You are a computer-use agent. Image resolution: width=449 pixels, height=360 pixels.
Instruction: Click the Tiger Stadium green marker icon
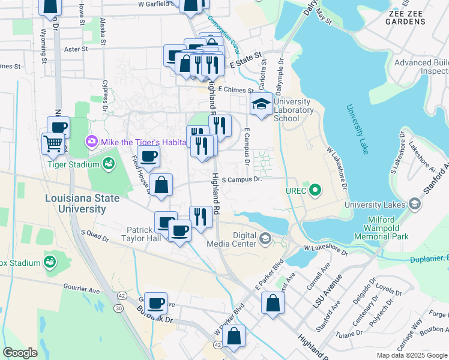tap(109, 163)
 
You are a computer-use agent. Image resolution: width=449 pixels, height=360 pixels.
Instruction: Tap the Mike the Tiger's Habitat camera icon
tap(91, 142)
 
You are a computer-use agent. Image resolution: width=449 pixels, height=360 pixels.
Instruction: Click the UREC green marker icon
tap(313, 191)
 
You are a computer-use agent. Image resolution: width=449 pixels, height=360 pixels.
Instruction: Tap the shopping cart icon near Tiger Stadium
tap(53, 143)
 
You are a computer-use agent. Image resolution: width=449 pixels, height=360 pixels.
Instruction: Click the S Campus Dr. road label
tap(243, 179)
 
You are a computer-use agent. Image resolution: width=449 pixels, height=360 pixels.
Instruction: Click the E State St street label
tap(246, 63)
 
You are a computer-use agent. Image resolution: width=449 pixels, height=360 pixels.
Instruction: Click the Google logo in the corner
tap(20, 353)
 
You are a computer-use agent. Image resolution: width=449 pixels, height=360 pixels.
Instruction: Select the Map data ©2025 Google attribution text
tap(411, 355)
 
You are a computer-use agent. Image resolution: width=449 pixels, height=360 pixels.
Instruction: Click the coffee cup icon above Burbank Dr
tap(157, 303)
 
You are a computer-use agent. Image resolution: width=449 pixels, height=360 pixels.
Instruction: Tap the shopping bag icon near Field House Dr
tap(161, 185)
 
